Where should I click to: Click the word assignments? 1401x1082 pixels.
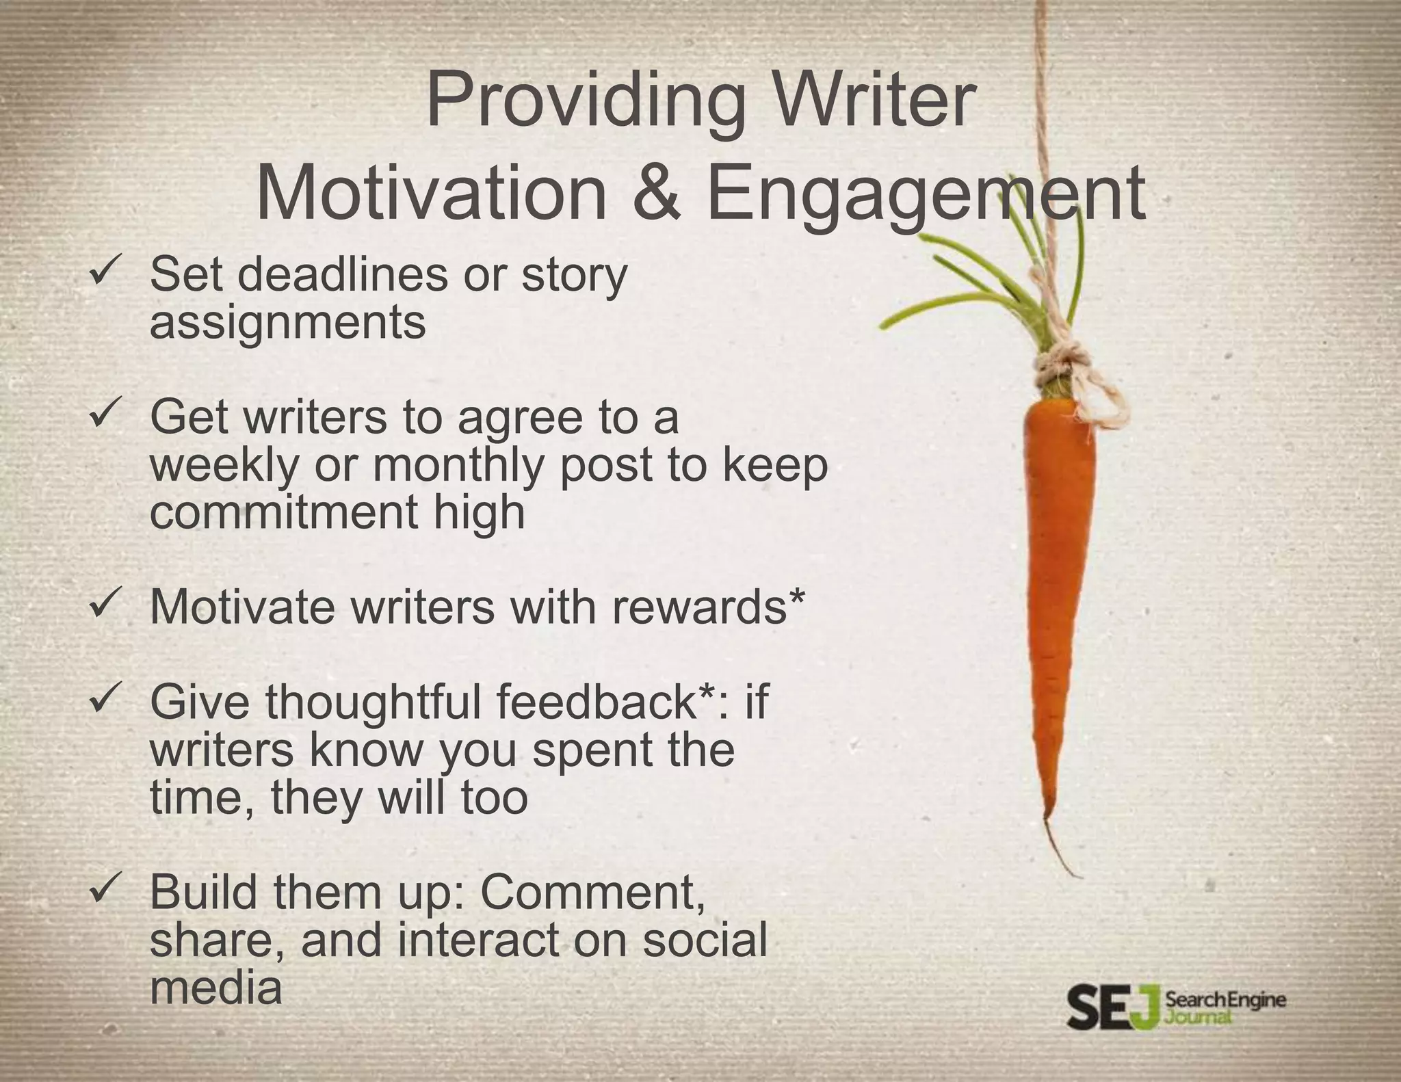[287, 321]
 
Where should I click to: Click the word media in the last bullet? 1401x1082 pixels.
[215, 988]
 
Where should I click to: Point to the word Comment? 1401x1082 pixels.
[592, 892]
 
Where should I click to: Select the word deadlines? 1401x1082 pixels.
[342, 274]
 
